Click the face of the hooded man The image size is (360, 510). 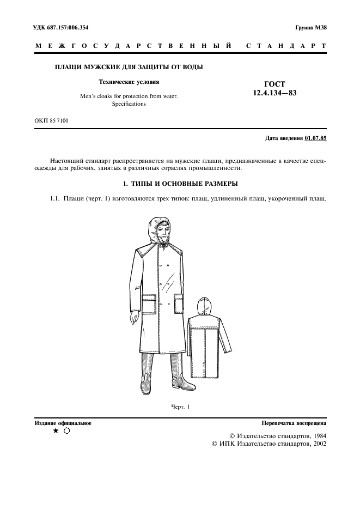160,234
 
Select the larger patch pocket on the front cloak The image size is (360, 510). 149,305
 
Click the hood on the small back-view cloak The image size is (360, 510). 203,306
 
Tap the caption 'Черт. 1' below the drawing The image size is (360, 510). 180,407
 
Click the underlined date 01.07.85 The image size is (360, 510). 315,139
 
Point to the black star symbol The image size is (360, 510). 56,431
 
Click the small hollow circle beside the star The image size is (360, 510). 66,431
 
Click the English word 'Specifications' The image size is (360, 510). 129,104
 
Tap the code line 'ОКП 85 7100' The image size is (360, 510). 52,120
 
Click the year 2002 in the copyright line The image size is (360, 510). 316,445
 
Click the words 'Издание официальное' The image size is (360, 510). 63,423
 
